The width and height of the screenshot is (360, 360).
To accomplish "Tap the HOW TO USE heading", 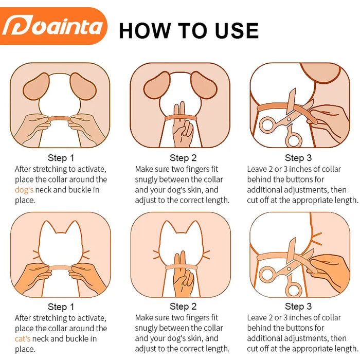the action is (x=189, y=30).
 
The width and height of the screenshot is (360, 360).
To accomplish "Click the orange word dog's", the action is (x=24, y=190).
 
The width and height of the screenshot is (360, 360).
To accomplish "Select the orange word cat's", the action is (x=23, y=338).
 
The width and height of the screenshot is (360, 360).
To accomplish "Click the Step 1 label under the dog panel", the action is (x=61, y=158).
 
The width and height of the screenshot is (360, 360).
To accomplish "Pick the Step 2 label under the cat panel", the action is (x=183, y=307).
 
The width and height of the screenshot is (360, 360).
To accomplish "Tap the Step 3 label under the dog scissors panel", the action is (x=298, y=158).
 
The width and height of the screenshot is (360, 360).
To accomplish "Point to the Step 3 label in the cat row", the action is (x=298, y=307).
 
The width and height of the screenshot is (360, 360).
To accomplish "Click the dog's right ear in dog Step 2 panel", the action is (x=204, y=85).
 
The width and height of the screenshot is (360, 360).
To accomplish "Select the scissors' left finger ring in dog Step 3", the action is (x=267, y=124).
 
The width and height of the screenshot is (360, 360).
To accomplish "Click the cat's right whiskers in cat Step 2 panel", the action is (x=206, y=255).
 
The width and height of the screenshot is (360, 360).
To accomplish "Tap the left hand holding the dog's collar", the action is (x=32, y=128).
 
